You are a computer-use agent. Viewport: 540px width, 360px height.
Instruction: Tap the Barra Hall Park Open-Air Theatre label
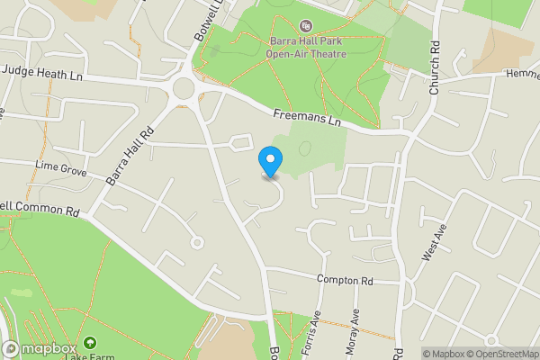pyautogui.click(x=305, y=47)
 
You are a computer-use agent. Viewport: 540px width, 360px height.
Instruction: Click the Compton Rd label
pyautogui.click(x=345, y=280)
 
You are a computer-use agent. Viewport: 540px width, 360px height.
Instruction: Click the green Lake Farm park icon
pyautogui.click(x=90, y=343)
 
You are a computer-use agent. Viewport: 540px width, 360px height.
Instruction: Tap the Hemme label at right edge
pyautogui.click(x=521, y=74)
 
